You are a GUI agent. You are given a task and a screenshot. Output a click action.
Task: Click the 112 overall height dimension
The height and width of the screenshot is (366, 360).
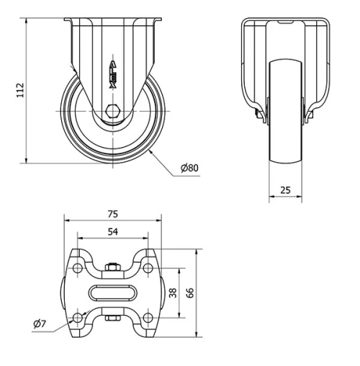coord(20,89)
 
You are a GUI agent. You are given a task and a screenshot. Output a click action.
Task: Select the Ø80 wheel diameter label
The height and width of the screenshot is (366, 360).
coord(189,168)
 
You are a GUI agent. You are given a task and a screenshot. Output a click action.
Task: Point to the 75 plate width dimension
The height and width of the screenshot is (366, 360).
coord(112,214)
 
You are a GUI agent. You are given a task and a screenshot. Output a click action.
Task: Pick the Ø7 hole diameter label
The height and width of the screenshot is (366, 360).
coord(40,325)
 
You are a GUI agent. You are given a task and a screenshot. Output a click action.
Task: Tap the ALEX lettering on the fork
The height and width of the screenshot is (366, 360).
coord(112,74)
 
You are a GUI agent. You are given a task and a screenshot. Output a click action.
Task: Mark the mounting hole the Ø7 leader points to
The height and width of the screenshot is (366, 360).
coord(78,317)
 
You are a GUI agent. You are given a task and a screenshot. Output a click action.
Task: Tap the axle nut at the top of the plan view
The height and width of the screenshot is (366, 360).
coord(112,269)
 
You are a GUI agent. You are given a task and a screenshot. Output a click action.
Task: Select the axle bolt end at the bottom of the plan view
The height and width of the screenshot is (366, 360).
coord(112,316)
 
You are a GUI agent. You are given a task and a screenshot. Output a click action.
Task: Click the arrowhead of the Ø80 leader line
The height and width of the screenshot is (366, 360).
coord(153,151)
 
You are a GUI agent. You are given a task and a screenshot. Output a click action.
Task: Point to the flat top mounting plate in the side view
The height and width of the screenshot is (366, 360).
coord(112,21)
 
